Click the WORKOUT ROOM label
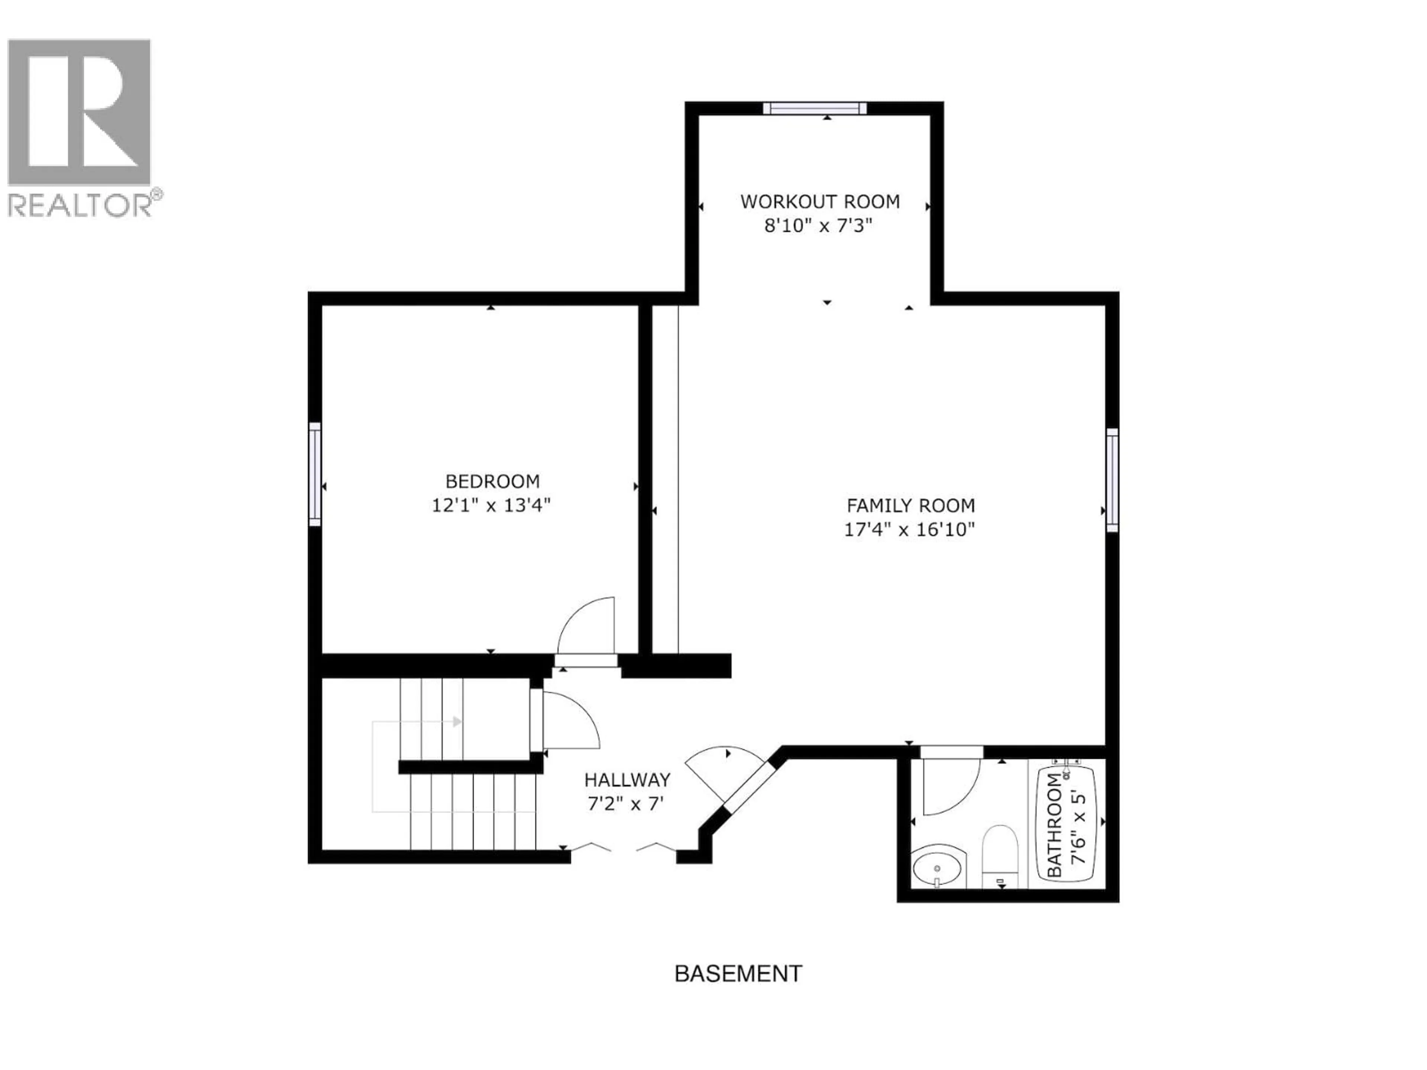819,202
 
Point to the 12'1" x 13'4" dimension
491,505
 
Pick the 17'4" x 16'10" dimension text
909,529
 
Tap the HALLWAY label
627,781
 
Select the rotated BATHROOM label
1054,826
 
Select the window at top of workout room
815,108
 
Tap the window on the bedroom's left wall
315,474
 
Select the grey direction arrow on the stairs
457,722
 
